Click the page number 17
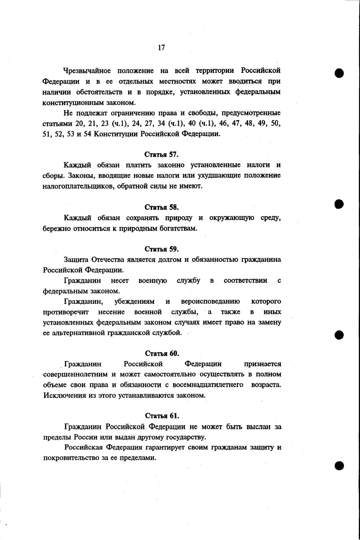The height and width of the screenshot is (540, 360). coord(161,48)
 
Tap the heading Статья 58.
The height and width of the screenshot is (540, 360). coord(162,207)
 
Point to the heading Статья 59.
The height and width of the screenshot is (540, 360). coord(162,249)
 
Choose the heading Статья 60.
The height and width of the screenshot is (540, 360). coord(162,353)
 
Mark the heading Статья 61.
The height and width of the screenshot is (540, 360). coord(162,416)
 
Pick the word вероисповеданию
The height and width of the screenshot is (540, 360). coord(210,301)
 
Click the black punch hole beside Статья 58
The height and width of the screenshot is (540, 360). coord(339,204)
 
